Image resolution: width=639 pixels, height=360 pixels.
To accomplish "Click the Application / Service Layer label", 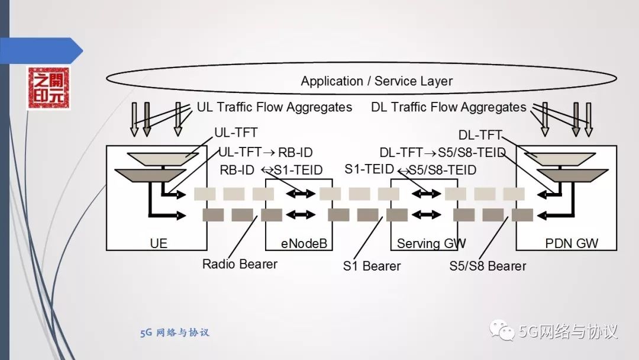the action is [376, 81].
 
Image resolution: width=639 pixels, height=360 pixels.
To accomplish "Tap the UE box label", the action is [159, 243].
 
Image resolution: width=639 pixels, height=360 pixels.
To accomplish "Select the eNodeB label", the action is [304, 243].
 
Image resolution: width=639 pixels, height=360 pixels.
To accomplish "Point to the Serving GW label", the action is [431, 243].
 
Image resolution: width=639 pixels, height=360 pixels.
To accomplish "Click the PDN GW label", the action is [572, 243].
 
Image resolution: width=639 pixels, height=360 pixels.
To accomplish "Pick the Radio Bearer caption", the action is [240, 264].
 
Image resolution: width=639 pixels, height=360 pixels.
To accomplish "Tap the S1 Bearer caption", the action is [372, 266].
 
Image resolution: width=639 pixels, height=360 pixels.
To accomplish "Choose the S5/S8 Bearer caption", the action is [488, 266].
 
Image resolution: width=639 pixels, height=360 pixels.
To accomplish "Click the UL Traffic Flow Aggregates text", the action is [275, 107].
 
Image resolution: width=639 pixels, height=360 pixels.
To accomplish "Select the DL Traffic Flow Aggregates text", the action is [448, 107].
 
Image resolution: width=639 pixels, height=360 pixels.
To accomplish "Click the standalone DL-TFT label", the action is [480, 134].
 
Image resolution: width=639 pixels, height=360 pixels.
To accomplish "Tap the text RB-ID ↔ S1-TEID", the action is [271, 171].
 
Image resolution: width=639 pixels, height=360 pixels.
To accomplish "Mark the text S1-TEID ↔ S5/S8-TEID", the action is [410, 170].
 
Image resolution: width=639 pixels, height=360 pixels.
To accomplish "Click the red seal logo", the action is [48, 89].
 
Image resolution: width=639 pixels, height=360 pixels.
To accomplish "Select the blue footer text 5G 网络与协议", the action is [175, 333].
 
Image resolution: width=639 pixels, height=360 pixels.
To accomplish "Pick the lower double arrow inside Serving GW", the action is [427, 214].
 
